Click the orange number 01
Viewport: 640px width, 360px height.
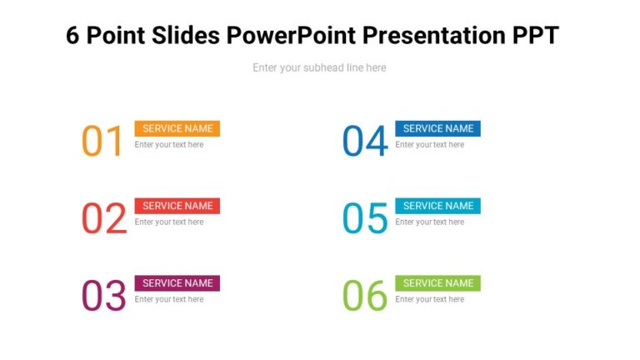(x=102, y=141)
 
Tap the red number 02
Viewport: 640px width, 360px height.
(x=103, y=218)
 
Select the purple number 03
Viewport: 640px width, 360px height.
(x=103, y=296)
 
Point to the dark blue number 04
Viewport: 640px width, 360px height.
(x=365, y=141)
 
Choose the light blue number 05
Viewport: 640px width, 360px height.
(x=365, y=218)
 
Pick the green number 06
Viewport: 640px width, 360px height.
(x=365, y=296)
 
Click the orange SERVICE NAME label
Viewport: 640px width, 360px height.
(x=177, y=128)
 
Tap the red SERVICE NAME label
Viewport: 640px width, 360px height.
(x=177, y=206)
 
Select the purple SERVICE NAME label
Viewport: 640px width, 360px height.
(x=177, y=283)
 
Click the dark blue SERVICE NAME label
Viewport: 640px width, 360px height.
(x=437, y=128)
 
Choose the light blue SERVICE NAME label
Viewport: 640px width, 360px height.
(x=437, y=206)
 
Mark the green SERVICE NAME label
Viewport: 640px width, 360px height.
(x=437, y=283)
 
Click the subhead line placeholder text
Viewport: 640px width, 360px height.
(x=319, y=67)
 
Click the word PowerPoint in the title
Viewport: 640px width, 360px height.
(x=289, y=36)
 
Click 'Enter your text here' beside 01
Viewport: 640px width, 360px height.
(x=169, y=145)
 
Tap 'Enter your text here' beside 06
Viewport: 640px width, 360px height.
(x=429, y=299)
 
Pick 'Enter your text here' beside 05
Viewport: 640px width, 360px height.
(x=429, y=222)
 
